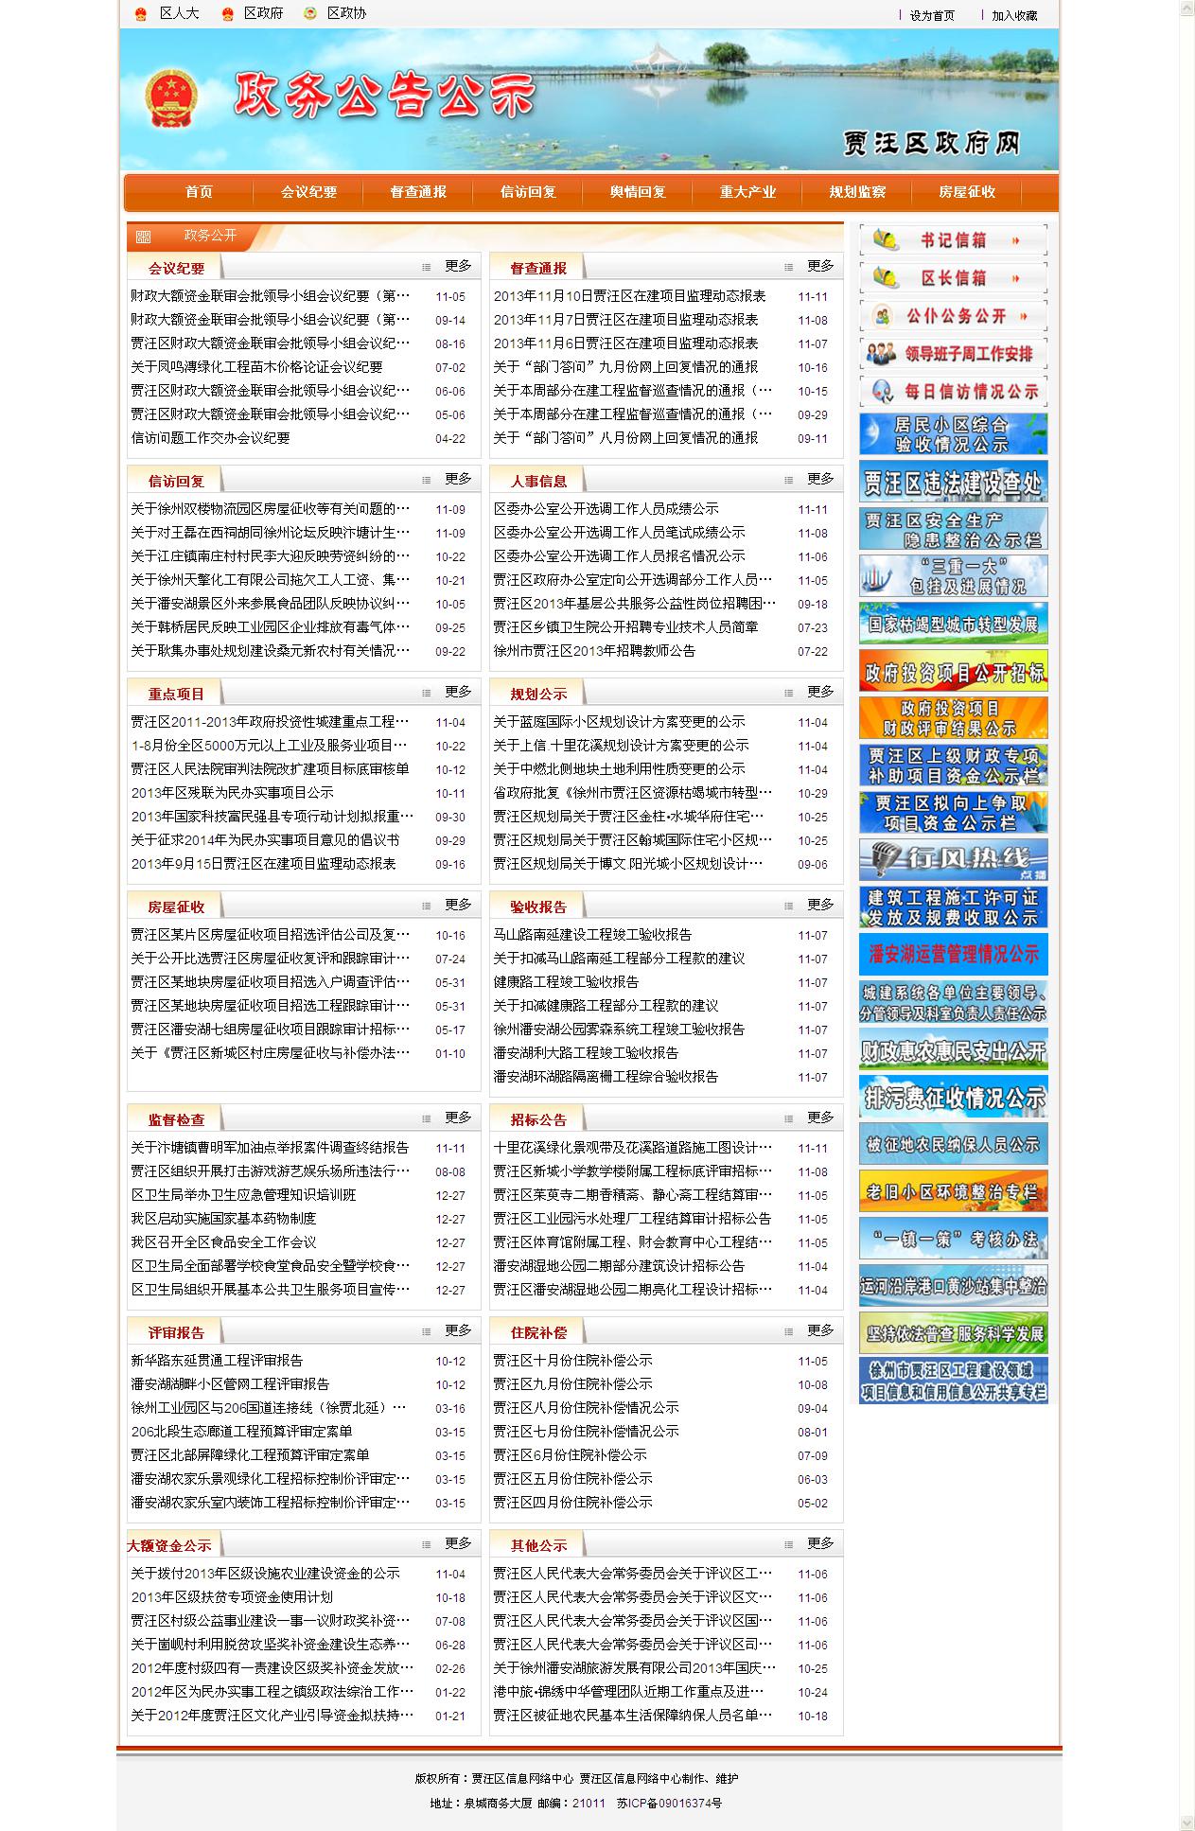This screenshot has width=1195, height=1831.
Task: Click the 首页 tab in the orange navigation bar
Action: point(199,192)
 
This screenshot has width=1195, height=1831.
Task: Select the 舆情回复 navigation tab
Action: point(638,192)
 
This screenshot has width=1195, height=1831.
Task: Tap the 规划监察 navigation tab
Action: point(857,192)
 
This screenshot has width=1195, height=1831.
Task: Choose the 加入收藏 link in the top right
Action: point(1013,15)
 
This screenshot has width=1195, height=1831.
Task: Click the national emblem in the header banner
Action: point(170,99)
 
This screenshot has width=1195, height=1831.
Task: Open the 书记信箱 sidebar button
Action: point(953,240)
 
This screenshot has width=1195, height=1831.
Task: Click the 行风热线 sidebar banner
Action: point(953,859)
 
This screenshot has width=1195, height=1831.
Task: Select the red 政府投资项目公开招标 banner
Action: point(953,671)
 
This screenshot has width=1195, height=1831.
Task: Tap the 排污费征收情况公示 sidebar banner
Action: point(953,1097)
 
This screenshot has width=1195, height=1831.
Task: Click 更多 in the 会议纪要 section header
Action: point(458,267)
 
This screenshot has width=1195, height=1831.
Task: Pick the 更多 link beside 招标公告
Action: point(820,1118)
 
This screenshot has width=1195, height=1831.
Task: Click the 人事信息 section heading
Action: point(538,481)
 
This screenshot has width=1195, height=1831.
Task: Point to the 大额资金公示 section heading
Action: point(169,1545)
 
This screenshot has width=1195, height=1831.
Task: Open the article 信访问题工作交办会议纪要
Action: point(210,438)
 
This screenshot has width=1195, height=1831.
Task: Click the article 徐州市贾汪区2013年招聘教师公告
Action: point(594,651)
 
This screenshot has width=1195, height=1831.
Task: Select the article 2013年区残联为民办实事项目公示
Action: point(232,793)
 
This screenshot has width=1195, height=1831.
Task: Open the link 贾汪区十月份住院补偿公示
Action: point(572,1361)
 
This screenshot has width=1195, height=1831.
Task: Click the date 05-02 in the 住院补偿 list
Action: point(812,1503)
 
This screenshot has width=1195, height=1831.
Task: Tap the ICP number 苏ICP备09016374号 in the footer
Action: point(669,1804)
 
